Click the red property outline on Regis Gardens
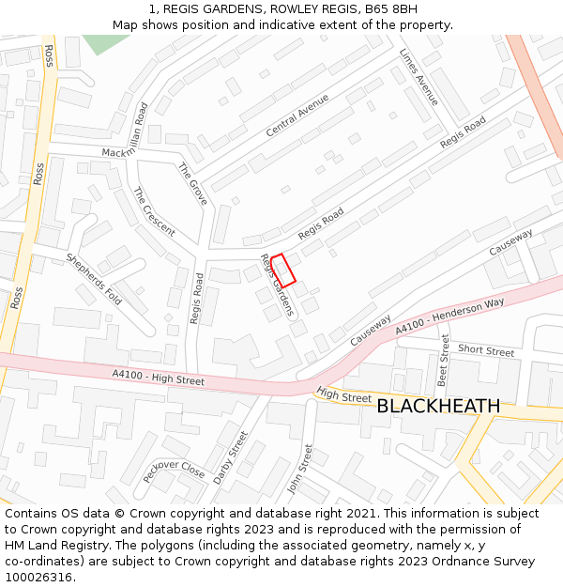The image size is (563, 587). pyautogui.click(x=283, y=269)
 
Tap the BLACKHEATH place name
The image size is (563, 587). pyautogui.click(x=438, y=406)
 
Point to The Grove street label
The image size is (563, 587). pyautogui.click(x=192, y=183)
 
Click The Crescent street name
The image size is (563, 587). pyautogui.click(x=154, y=212)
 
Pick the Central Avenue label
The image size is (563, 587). pyautogui.click(x=297, y=116)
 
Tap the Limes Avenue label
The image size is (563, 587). pyautogui.click(x=419, y=77)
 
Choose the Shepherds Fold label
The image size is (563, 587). pyautogui.click(x=94, y=279)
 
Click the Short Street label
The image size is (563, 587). pyautogui.click(x=486, y=351)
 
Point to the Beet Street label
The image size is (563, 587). pyautogui.click(x=444, y=361)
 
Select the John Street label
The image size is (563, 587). pyautogui.click(x=300, y=470)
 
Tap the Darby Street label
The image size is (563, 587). pyautogui.click(x=230, y=457)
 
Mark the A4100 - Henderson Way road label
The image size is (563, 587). pyautogui.click(x=449, y=316)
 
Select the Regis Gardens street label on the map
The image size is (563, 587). pyautogui.click(x=278, y=286)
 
